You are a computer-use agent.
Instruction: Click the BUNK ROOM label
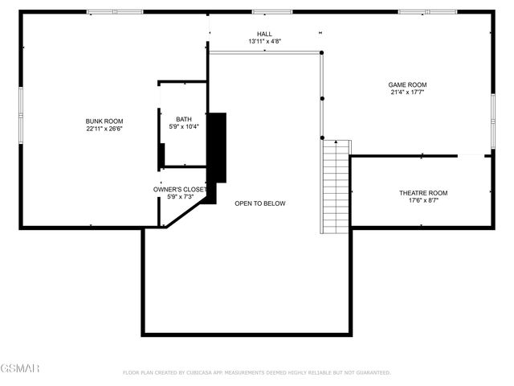tap(104, 121)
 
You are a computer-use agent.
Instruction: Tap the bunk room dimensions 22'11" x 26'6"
tap(104, 128)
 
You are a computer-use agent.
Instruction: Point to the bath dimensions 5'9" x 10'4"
tap(184, 126)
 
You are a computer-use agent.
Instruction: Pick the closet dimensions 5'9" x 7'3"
tap(181, 197)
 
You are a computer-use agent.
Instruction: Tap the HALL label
tap(264, 34)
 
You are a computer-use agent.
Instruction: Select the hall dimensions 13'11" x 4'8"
tap(264, 41)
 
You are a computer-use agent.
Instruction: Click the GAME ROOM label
tap(407, 84)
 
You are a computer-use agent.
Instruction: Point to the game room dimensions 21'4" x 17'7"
tap(407, 92)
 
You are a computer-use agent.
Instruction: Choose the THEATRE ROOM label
tap(423, 193)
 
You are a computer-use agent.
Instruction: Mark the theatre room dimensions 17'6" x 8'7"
tap(423, 200)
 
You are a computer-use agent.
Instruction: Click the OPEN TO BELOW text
tap(259, 203)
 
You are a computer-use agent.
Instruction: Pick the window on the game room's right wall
tap(493, 109)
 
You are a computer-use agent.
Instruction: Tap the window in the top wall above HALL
tap(263, 12)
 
